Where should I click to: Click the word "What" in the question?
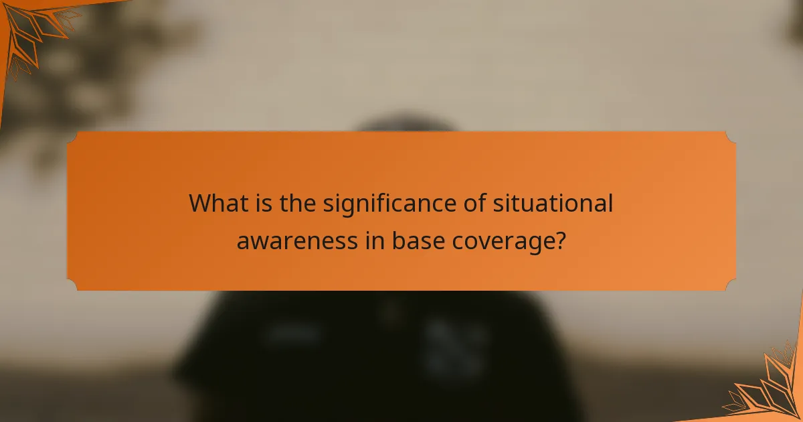pyautogui.click(x=217, y=203)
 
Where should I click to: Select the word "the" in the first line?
pyautogui.click(x=298, y=203)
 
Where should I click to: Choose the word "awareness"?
pyautogui.click(x=296, y=241)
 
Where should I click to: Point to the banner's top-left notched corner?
pyautogui.click(x=73, y=137)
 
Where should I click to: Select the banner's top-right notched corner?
pyautogui.click(x=730, y=137)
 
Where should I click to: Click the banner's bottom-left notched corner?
pyautogui.click(x=73, y=285)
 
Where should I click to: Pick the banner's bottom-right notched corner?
pyautogui.click(x=730, y=285)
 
